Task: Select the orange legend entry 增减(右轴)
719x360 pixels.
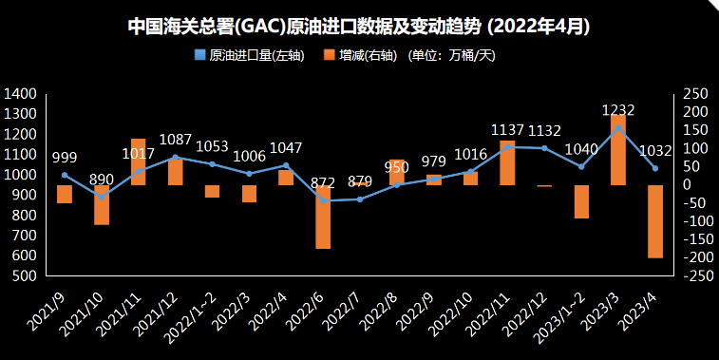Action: tap(362, 55)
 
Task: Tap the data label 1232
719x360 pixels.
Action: tap(617, 110)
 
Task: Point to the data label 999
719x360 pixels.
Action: tap(65, 158)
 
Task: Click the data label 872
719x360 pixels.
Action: tap(323, 182)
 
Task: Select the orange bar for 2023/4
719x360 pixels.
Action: tap(654, 221)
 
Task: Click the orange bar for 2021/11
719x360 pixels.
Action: tap(139, 161)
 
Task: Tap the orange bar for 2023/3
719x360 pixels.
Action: tap(618, 149)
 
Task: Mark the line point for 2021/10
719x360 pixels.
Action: tap(102, 197)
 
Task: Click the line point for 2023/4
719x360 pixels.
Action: tap(654, 169)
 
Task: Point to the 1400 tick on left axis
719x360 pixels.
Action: tap(21, 94)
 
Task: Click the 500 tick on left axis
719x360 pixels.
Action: tap(25, 276)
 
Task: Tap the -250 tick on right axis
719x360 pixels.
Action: tap(698, 276)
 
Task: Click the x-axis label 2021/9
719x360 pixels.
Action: tap(47, 313)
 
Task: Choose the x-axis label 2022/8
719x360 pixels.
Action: tap(380, 313)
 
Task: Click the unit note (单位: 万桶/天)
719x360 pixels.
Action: tap(452, 55)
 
